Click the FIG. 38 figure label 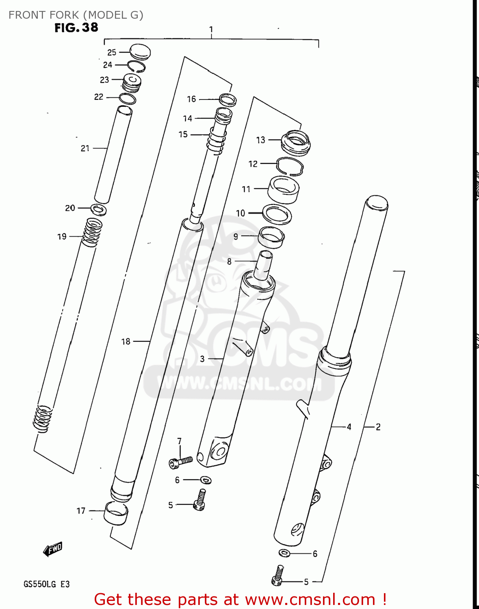click(x=76, y=28)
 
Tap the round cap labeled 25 click(x=140, y=52)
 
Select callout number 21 click(x=85, y=148)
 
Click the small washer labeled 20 click(x=98, y=210)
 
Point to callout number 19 click(x=62, y=236)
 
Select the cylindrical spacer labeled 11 click(x=283, y=190)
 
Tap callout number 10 click(x=241, y=213)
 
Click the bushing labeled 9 click(x=271, y=237)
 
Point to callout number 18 click(x=126, y=341)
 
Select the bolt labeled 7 click(x=180, y=461)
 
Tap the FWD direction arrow click(x=53, y=549)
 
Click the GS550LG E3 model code click(x=46, y=584)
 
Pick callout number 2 click(x=378, y=427)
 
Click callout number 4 click(x=349, y=427)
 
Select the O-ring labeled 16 click(x=228, y=99)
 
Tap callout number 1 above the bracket click(x=211, y=29)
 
